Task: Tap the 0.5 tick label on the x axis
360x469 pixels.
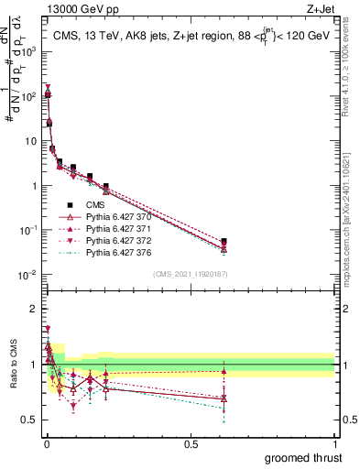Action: click(191, 443)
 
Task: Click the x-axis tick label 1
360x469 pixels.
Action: click(335, 443)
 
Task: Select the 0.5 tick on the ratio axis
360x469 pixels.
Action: click(32, 420)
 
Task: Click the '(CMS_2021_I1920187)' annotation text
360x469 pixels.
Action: click(191, 273)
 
